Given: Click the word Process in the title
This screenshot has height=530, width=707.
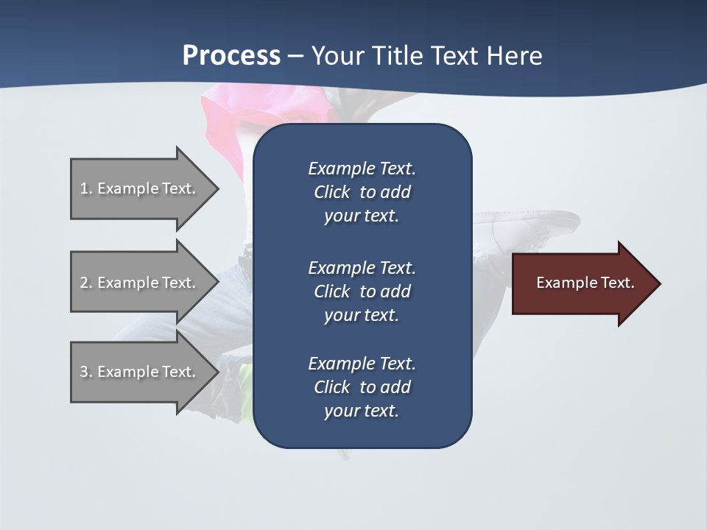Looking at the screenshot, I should click(231, 56).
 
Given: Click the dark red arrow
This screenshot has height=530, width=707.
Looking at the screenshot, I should click(582, 283).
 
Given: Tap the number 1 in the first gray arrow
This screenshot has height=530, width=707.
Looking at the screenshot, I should click(84, 188).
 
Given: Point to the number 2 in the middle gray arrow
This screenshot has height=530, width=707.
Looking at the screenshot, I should click(84, 283).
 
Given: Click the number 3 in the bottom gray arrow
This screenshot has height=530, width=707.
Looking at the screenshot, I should click(84, 372).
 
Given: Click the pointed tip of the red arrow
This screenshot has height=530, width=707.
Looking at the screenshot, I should click(658, 283).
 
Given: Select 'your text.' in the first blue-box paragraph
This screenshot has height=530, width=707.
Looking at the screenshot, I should click(362, 216).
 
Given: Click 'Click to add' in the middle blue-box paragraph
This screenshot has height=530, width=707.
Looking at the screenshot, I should click(362, 291).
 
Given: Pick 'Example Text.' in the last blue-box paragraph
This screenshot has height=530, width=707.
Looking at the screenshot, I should click(362, 364).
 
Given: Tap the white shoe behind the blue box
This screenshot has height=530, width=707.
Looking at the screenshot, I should click(527, 225).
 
